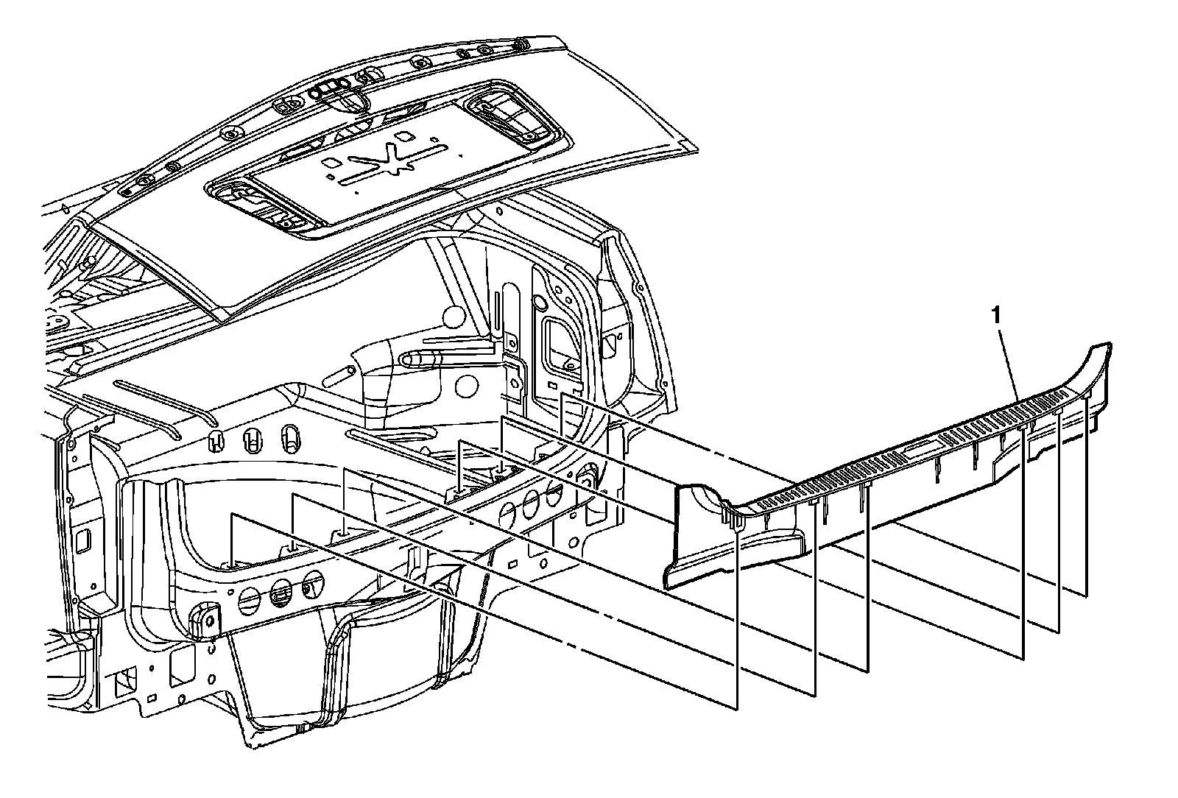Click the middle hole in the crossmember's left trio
281,589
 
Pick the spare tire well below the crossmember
346,663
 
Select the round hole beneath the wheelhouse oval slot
464,384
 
